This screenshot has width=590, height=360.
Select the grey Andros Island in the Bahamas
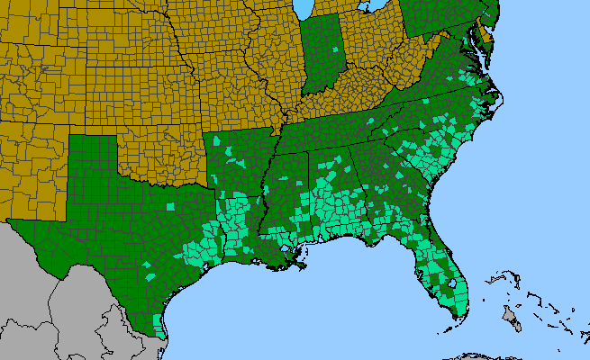511,315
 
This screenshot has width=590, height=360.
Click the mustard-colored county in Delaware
486,36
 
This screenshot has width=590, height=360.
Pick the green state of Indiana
320,54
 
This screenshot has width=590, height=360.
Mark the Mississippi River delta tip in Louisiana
304,266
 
